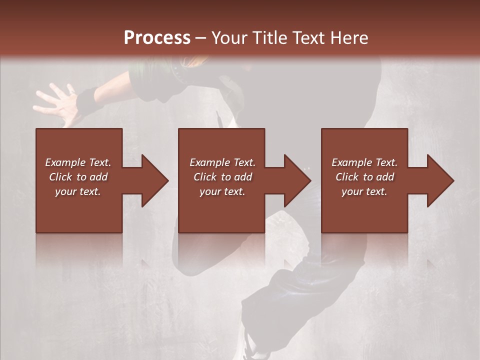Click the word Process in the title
pyautogui.click(x=157, y=38)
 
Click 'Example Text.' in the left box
pyautogui.click(x=78, y=162)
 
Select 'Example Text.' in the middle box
pyautogui.click(x=222, y=162)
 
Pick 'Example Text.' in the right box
pyautogui.click(x=364, y=162)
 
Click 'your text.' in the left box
pyautogui.click(x=78, y=191)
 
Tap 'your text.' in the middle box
pyautogui.click(x=222, y=191)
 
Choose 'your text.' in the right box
pyautogui.click(x=364, y=191)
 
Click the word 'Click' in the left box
pyautogui.click(x=60, y=177)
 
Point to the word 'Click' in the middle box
pyautogui.click(x=205, y=177)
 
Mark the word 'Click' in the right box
pyautogui.click(x=347, y=177)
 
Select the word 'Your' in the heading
pyautogui.click(x=228, y=38)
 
